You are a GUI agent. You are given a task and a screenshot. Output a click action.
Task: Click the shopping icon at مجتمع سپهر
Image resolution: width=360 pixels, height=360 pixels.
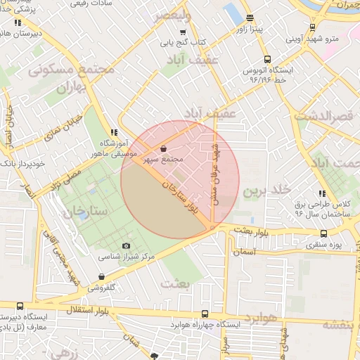pyautogui.click(x=164, y=149)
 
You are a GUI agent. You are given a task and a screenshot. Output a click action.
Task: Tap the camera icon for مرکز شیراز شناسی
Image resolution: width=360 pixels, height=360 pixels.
pyautogui.click(x=127, y=245)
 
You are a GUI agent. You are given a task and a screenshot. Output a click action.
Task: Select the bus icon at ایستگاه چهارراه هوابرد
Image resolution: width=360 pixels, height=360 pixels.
pyautogui.click(x=205, y=314)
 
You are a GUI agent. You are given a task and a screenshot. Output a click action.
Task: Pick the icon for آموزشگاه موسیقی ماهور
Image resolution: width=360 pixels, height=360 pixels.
pyautogui.click(x=114, y=131)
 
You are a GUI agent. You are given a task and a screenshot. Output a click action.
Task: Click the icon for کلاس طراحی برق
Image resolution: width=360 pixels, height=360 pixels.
pyautogui.click(x=322, y=193)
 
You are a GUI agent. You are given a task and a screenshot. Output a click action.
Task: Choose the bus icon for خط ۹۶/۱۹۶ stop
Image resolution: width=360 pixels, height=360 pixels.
pyautogui.click(x=266, y=60)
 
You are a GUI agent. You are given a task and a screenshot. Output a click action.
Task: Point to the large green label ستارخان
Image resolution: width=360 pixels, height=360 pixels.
pyautogui.click(x=84, y=210)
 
